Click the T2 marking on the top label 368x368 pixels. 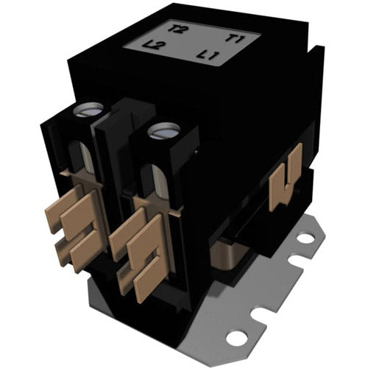click(177, 30)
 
